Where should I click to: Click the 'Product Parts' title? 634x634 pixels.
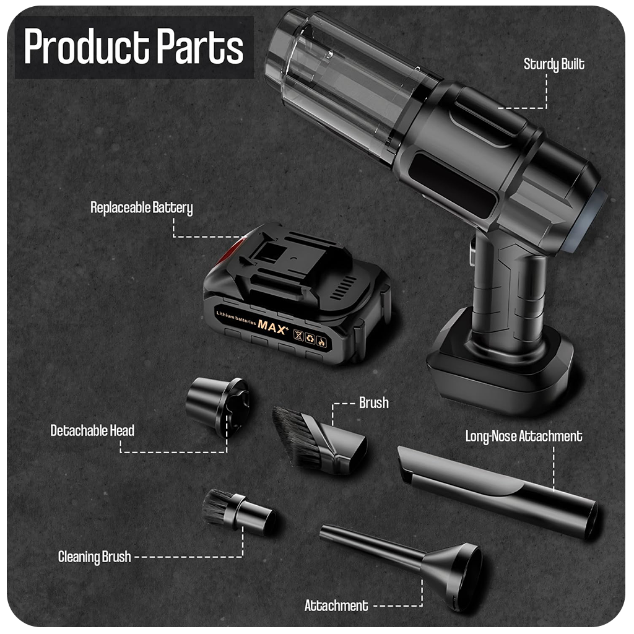point(134,46)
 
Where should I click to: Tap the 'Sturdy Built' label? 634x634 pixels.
point(554,64)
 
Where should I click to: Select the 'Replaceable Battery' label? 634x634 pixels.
point(142,208)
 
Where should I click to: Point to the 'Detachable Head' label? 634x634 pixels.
point(92,431)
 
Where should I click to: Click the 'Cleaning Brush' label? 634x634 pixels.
point(94,557)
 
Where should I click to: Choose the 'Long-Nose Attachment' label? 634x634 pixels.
point(524,436)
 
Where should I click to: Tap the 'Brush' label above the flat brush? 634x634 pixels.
point(373,402)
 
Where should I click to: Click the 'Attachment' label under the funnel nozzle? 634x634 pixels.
point(336,606)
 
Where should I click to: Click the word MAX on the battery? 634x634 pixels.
point(272,326)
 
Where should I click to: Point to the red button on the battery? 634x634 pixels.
point(228,251)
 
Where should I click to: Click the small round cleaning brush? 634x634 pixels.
point(238,512)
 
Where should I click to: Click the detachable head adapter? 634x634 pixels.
point(217,406)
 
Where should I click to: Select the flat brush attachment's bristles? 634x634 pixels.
point(293,436)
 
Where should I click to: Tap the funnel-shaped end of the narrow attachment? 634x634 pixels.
point(457,574)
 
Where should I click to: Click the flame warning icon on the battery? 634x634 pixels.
point(321,342)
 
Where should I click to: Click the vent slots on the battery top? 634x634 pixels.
point(344,288)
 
